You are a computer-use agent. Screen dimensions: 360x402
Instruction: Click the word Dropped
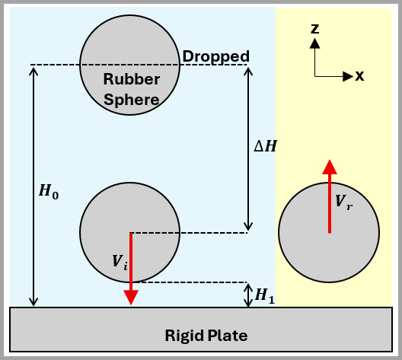(216, 56)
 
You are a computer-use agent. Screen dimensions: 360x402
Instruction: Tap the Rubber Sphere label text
(131, 89)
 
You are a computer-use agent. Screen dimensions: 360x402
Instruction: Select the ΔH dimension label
(265, 146)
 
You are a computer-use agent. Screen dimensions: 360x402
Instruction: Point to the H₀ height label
(49, 193)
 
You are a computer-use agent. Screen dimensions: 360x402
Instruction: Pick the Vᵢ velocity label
(119, 261)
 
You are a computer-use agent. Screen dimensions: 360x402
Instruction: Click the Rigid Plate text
(206, 335)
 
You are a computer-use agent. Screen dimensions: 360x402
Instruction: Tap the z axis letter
(314, 29)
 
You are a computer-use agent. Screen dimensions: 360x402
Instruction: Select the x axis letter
(359, 75)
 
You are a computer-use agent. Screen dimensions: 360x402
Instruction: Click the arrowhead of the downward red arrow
(131, 297)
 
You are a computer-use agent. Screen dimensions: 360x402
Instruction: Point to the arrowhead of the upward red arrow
(329, 167)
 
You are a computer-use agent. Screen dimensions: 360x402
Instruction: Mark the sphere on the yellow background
(329, 232)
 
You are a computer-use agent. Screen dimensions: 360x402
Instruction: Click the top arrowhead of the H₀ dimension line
(33, 71)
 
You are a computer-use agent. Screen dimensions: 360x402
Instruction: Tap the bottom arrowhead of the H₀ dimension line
(33, 301)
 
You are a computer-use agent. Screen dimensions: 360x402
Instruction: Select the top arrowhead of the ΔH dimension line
(247, 71)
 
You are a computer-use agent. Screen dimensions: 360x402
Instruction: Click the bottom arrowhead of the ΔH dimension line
(247, 227)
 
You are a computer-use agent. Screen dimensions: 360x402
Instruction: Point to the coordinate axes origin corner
(314, 76)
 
